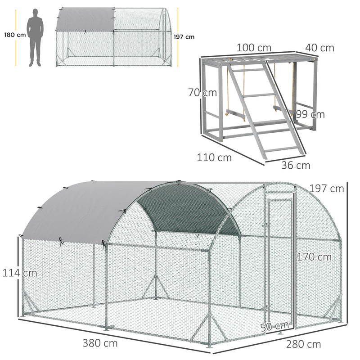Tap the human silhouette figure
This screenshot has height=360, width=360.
tap(35, 38)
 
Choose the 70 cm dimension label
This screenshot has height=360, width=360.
tap(202, 93)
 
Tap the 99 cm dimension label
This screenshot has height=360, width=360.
tap(310, 114)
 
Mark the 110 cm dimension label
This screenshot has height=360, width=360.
tap(214, 157)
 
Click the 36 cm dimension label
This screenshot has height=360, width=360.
tap(296, 165)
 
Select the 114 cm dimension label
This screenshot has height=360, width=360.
tap(19, 273)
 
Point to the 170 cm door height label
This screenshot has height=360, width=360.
tap(314, 257)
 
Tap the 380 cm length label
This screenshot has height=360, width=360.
tap(100, 343)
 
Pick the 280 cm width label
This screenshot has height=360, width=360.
tap(303, 345)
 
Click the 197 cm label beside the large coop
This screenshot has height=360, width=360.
tap(326, 188)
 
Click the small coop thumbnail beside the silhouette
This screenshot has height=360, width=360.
tap(114, 37)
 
